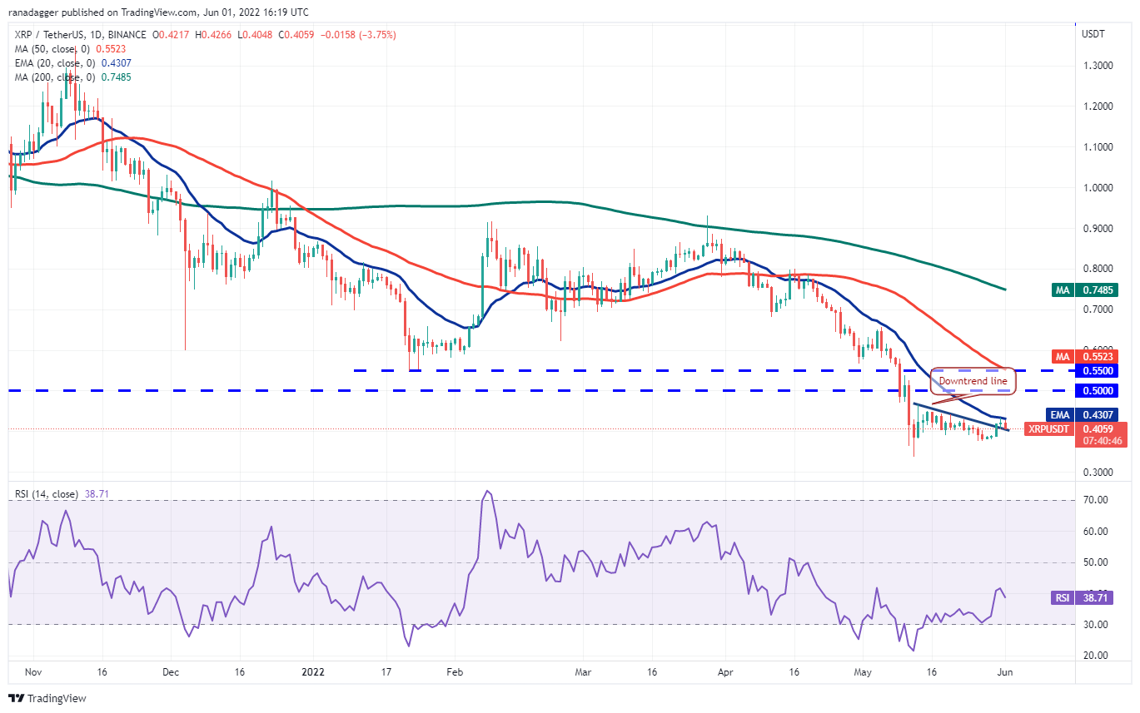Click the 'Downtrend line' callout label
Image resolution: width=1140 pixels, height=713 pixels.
973,381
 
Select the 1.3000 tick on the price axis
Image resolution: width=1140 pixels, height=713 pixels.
1098,66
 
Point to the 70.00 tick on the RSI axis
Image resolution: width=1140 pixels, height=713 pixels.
1097,500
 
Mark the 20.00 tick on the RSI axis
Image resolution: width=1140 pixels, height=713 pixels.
1097,656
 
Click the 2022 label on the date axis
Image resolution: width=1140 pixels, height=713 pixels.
315,672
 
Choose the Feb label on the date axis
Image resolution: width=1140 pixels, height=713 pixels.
454,672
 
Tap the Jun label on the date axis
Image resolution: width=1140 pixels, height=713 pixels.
1005,672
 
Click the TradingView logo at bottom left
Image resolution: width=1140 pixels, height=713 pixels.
47,698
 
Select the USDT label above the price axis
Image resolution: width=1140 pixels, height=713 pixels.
1093,34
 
